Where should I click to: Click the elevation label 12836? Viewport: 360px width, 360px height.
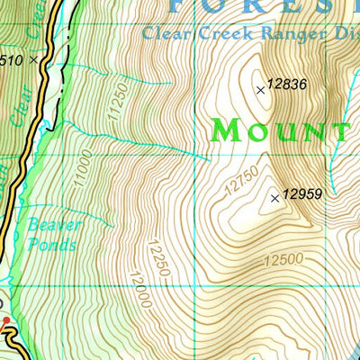pyautogui.click(x=289, y=85)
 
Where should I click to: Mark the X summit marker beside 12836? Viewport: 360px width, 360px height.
pyautogui.click(x=261, y=89)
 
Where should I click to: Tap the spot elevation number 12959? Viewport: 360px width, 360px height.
pyautogui.click(x=302, y=193)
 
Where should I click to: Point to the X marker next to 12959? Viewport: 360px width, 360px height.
pyautogui.click(x=275, y=198)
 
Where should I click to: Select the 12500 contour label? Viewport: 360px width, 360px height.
pyautogui.click(x=283, y=261)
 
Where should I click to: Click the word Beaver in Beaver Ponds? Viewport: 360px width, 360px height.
pyautogui.click(x=54, y=225)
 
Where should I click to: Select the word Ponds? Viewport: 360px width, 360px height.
pyautogui.click(x=51, y=244)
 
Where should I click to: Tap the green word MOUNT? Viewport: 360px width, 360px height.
pyautogui.click(x=280, y=131)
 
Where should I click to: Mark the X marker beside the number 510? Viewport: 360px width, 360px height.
pyautogui.click(x=34, y=59)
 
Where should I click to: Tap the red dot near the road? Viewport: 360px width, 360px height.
pyautogui.click(x=6, y=320)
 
